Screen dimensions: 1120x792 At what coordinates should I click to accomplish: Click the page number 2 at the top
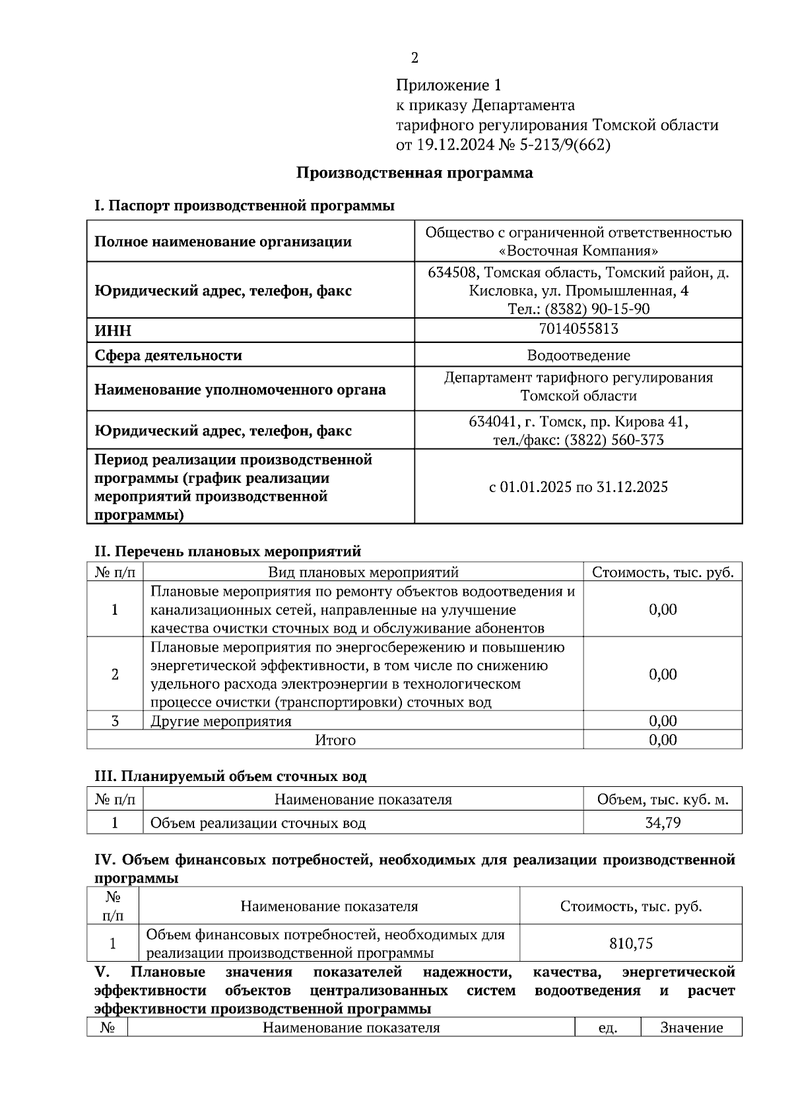[x=414, y=58]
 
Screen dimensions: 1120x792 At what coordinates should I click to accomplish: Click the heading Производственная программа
[x=414, y=173]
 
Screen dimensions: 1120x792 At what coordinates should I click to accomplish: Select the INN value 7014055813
[x=578, y=328]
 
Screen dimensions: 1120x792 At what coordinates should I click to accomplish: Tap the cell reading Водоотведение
[x=578, y=356]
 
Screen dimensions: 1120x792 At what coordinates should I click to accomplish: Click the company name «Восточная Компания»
[x=578, y=251]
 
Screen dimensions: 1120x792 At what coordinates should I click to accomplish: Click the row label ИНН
[x=113, y=331]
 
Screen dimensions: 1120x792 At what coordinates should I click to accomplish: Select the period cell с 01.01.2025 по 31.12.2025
[x=578, y=487]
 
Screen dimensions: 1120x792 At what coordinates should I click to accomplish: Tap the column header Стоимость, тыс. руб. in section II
[x=663, y=572]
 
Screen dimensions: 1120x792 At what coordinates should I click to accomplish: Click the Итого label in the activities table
[x=335, y=740]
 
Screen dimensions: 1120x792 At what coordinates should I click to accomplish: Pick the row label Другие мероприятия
[x=221, y=721]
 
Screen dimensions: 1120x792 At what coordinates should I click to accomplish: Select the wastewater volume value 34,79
[x=663, y=823]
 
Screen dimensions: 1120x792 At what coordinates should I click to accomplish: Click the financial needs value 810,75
[x=631, y=944]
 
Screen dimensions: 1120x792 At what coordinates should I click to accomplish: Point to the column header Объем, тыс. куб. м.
[x=663, y=799]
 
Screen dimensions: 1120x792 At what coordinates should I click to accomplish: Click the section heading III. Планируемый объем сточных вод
[x=230, y=776]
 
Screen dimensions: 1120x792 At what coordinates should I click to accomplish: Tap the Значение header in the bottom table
[x=691, y=1028]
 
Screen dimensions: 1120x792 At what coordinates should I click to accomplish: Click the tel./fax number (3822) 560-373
[x=614, y=440]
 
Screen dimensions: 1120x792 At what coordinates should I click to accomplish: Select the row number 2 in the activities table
[x=115, y=674]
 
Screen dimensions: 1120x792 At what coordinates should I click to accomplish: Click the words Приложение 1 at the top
[x=449, y=85]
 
